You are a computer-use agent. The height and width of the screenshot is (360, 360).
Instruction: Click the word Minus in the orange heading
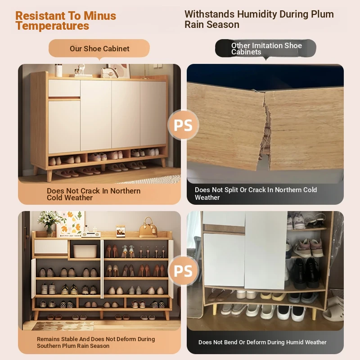[x=100, y=16]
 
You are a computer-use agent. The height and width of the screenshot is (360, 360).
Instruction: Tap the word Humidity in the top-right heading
[x=257, y=14]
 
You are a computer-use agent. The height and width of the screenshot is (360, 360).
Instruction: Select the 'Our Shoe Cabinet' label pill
[x=99, y=49]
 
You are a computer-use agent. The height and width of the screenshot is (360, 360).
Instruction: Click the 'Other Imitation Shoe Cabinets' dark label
[x=265, y=48]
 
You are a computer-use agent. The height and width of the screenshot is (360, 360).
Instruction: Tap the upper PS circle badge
[x=183, y=125]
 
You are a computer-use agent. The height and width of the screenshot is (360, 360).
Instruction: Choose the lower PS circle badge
[x=183, y=271]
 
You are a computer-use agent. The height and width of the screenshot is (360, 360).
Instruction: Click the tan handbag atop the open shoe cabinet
[x=148, y=227]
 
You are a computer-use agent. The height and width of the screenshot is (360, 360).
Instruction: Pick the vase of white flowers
[x=49, y=223]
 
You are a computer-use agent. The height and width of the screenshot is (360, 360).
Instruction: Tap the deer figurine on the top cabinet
[x=80, y=69]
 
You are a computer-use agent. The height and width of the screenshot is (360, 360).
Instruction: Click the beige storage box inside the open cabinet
[x=85, y=252]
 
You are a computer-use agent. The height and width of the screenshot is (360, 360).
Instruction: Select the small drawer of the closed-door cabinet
[x=64, y=88]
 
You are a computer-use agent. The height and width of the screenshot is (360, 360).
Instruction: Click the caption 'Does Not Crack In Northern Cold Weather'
[x=94, y=194]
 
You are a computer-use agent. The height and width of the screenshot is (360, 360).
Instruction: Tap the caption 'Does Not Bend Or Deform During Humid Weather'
[x=262, y=342]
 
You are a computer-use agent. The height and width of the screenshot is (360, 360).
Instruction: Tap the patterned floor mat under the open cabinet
[x=63, y=326]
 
